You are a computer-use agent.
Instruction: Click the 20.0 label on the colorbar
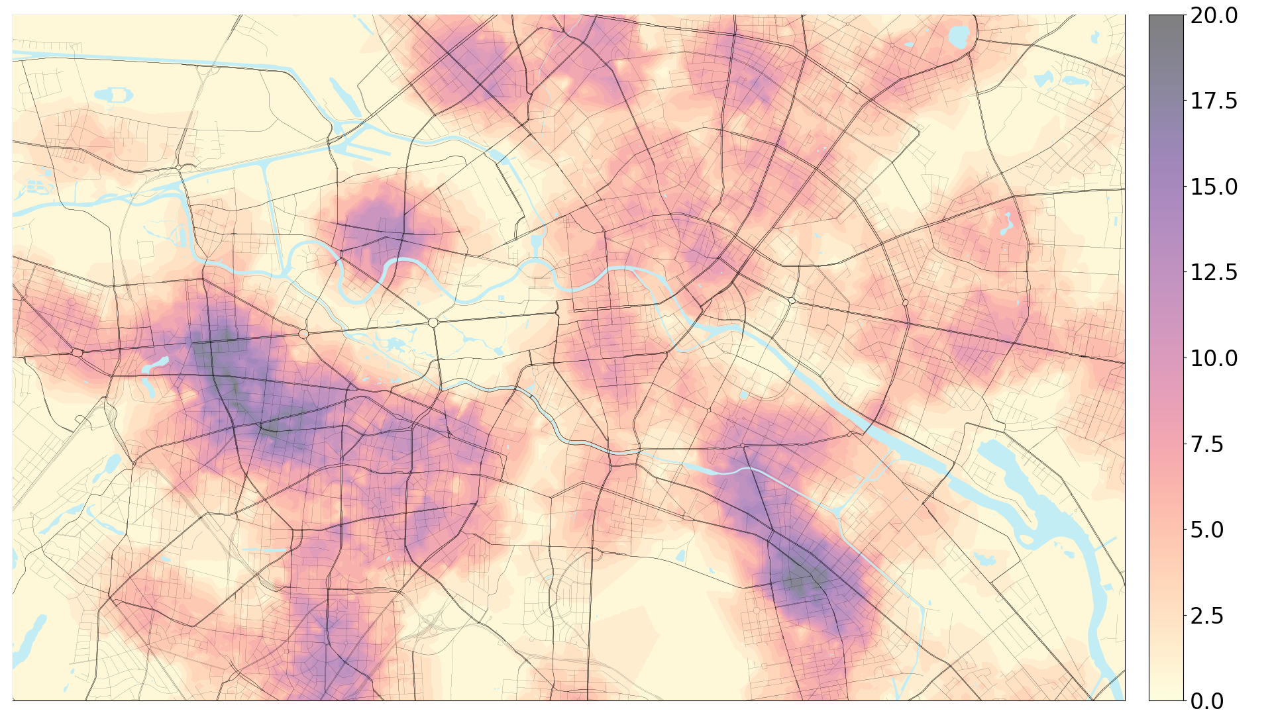[1213, 15]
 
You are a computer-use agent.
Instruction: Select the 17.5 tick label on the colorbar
[1213, 101]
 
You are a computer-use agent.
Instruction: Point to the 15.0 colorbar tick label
[1213, 187]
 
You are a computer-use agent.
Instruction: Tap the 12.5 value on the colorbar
[1213, 272]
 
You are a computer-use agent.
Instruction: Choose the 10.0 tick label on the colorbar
[1213, 358]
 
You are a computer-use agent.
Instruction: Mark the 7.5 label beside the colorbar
[1213, 444]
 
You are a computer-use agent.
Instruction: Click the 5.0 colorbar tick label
[1213, 530]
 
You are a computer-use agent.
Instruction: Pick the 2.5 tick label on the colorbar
[1213, 615]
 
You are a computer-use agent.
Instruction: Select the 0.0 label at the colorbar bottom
[1213, 700]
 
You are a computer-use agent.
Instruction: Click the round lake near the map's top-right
[959, 37]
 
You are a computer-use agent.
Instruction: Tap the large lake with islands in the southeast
[1033, 503]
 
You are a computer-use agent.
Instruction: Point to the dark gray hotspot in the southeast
[805, 580]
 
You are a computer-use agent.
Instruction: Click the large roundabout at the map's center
[433, 322]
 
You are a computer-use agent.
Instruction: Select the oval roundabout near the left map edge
[77, 353]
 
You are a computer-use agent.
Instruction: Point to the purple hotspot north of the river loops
[374, 222]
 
